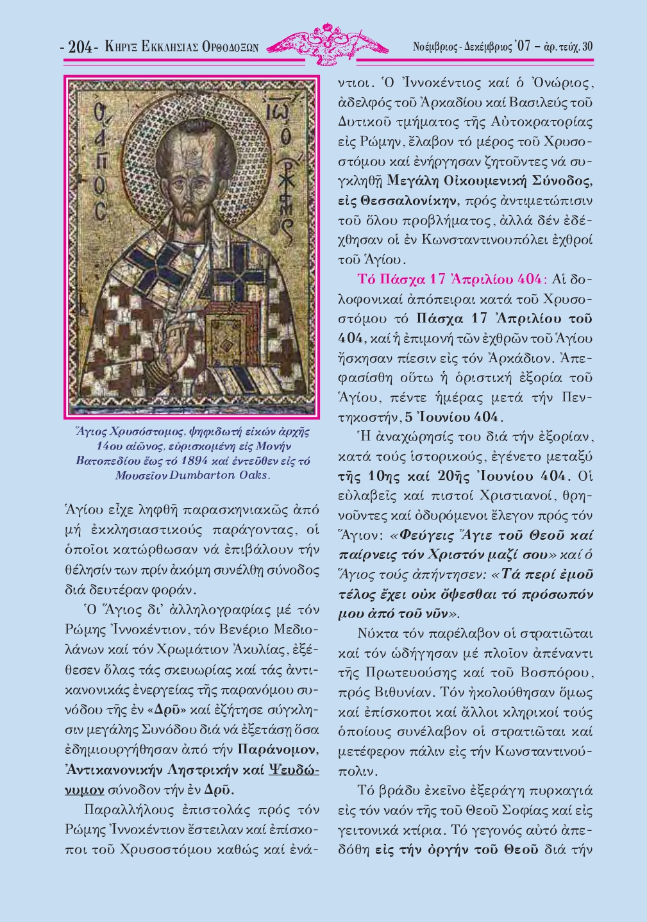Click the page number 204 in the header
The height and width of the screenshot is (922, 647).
tap(80, 47)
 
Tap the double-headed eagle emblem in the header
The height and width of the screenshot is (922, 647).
tap(327, 44)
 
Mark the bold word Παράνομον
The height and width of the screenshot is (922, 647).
tap(277, 750)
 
